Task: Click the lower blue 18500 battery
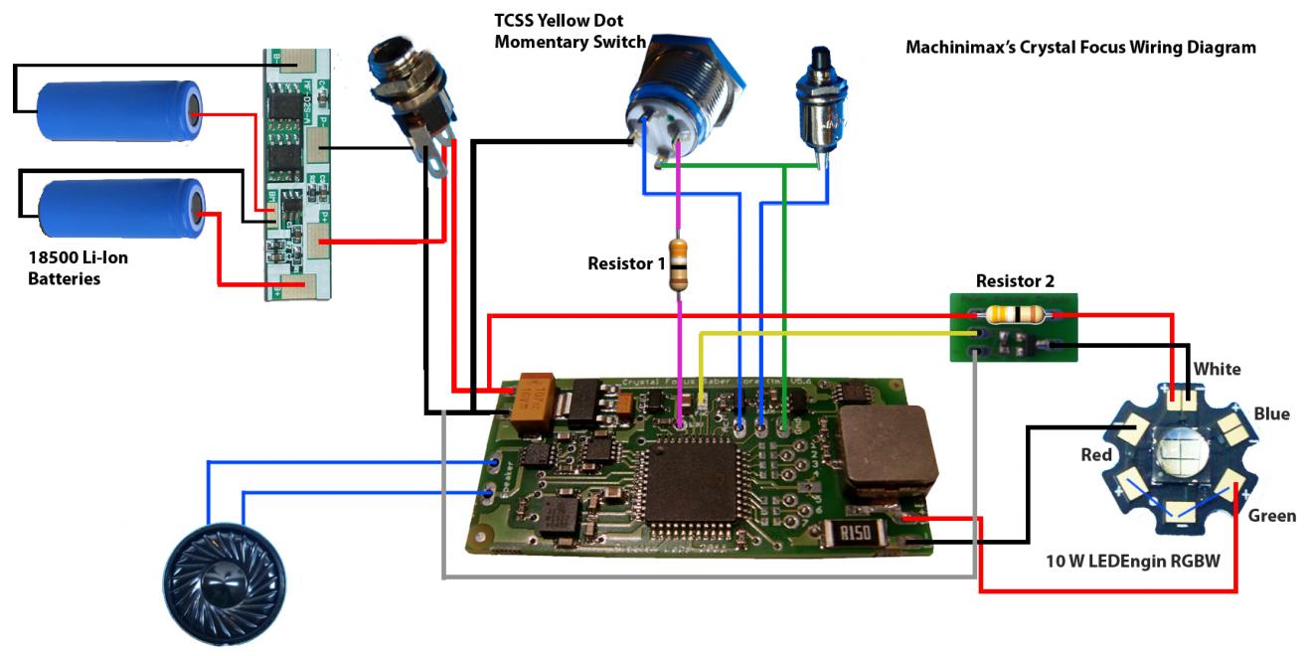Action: pos(121,209)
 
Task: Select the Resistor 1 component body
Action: pos(678,264)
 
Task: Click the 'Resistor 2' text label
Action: pos(1015,281)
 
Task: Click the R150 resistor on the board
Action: pos(852,536)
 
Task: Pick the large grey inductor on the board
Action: pos(887,451)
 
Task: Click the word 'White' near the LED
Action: pos(1217,369)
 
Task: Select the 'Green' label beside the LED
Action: pos(1271,515)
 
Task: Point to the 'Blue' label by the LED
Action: pos(1271,413)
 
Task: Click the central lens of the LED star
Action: pos(1181,459)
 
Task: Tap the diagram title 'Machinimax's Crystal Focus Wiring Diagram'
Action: pos(1080,47)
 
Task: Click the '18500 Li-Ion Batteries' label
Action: pos(78,268)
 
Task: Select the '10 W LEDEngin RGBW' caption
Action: pos(1132,561)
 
